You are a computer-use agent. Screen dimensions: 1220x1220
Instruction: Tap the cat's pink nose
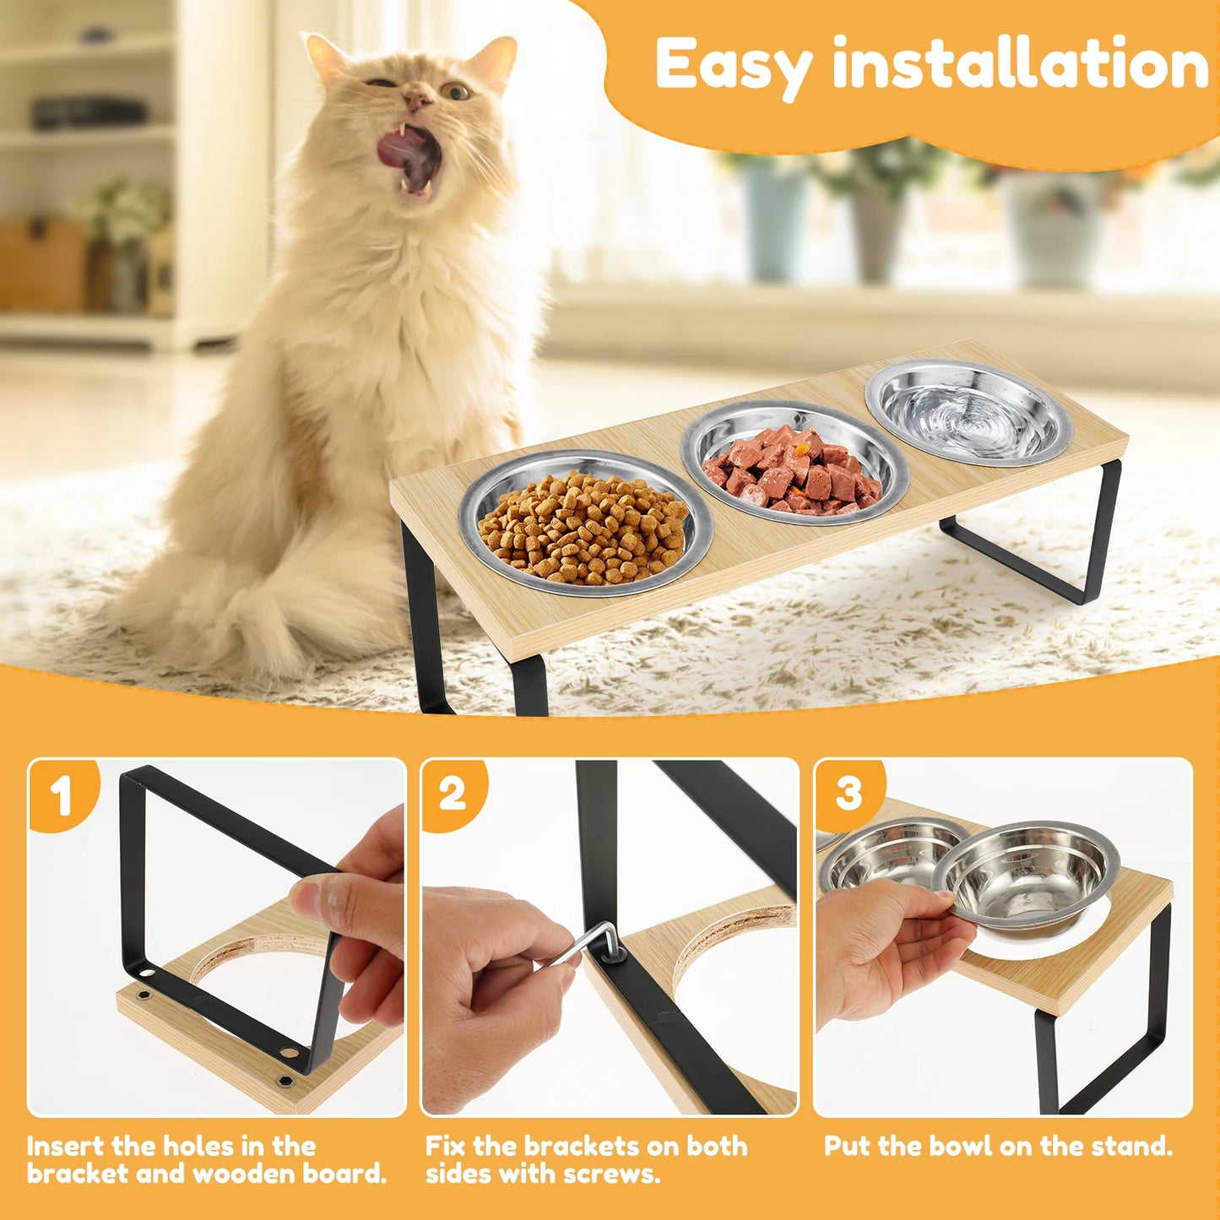pos(415,100)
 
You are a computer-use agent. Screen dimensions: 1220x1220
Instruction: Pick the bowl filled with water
pos(969,414)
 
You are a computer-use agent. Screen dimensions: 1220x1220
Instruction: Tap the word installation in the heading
pos(1020,64)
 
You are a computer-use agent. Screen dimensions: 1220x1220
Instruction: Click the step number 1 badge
pos(61,794)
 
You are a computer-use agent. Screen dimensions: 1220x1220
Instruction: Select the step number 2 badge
pos(453,794)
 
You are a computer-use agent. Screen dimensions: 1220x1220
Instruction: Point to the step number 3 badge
pos(848,794)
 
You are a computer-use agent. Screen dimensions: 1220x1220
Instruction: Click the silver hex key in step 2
pos(591,941)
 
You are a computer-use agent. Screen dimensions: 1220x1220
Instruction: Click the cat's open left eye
pos(456,90)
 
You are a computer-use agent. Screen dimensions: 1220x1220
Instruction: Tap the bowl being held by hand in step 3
pos(1026,878)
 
